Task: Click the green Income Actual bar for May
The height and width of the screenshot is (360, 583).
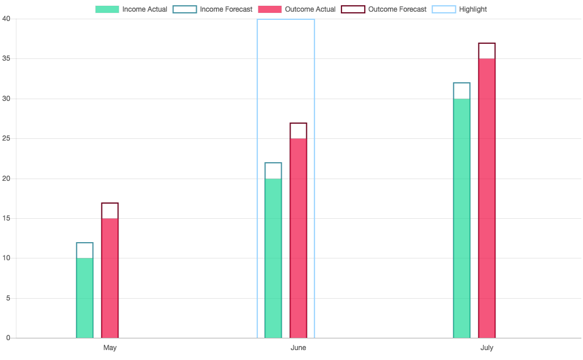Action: tap(85, 298)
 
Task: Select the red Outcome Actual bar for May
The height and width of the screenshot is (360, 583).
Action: tap(110, 278)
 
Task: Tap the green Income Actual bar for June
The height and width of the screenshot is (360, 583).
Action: tap(273, 258)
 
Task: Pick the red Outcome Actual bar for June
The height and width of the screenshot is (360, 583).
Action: tap(298, 238)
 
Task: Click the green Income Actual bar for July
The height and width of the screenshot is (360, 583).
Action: tap(462, 218)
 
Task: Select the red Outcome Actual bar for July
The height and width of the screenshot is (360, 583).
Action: tap(487, 198)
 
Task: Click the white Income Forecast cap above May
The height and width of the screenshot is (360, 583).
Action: tap(85, 250)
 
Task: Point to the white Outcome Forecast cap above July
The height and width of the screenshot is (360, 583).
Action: tap(487, 51)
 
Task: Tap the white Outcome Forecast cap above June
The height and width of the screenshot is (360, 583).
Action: tap(298, 131)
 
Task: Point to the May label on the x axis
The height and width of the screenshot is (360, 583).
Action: tap(110, 348)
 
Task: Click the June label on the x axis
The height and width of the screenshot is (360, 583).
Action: tap(298, 348)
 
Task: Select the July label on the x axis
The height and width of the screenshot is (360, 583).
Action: tap(487, 348)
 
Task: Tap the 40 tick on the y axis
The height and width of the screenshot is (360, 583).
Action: tap(6, 19)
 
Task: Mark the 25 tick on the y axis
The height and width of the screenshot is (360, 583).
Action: tap(6, 139)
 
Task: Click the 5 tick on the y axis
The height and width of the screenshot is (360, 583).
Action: tap(8, 298)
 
